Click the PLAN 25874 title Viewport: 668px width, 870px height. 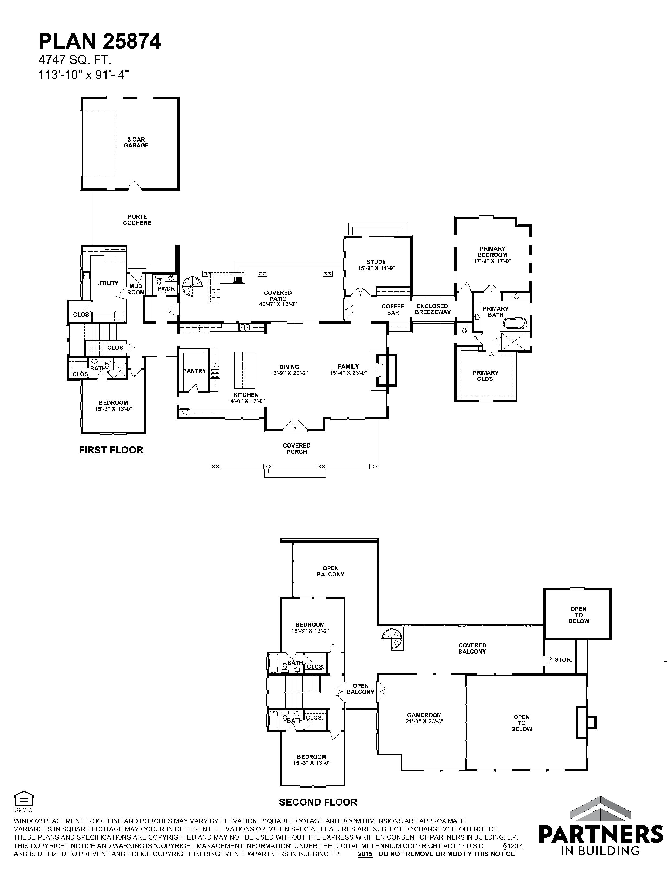pos(100,41)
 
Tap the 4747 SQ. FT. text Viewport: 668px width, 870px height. pos(75,60)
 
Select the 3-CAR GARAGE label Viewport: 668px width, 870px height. pos(136,143)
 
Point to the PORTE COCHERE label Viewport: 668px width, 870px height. pos(137,220)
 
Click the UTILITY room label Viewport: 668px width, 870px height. pos(108,283)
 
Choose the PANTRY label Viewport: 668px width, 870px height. pos(194,371)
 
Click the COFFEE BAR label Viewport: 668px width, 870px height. pos(393,310)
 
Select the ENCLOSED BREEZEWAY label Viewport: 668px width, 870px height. pos(433,309)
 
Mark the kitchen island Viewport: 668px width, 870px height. pos(244,370)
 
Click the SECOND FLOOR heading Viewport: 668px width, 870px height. pos(318,802)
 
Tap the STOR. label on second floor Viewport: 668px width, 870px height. pos(563,660)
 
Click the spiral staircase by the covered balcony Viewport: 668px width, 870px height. pos(392,638)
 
